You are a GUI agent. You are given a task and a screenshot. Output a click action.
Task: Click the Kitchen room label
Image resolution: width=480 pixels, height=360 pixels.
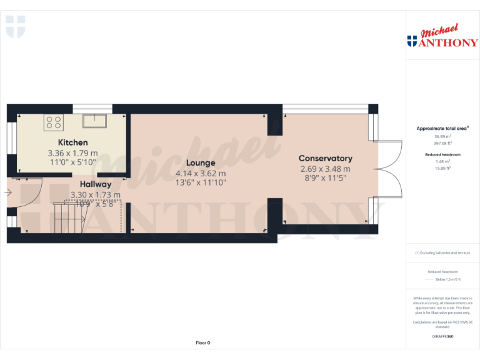72,142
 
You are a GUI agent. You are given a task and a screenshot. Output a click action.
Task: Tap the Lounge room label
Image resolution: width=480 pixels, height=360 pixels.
200,163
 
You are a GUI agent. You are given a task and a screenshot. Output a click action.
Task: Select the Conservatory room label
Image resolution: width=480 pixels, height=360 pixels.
325,159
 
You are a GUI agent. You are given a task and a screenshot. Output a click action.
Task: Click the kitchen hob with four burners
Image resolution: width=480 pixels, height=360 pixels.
53,122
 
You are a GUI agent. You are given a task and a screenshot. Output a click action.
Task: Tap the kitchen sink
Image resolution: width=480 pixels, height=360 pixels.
96,120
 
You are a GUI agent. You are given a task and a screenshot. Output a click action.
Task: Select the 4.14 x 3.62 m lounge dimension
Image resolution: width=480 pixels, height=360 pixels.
200,173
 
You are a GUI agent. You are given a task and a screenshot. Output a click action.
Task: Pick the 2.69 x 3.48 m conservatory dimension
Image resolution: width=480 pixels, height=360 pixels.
325,169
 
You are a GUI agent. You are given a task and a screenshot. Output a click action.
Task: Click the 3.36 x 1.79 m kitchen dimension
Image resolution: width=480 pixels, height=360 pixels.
72,152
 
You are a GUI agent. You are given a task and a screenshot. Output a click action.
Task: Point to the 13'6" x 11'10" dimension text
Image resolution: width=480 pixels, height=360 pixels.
200,182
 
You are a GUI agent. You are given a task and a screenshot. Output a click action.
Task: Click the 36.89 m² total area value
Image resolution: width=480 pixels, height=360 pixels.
442,136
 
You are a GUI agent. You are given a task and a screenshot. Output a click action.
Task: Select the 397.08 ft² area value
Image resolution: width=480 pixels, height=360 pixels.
442,142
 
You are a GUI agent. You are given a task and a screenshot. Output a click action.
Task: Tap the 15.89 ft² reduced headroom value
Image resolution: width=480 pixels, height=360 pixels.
442,167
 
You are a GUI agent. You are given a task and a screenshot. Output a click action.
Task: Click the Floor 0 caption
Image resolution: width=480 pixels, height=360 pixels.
203,342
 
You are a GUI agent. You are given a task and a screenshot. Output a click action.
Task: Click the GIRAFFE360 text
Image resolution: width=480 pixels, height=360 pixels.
442,336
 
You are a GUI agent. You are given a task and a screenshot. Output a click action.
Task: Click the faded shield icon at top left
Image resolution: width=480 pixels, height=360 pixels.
15,26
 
